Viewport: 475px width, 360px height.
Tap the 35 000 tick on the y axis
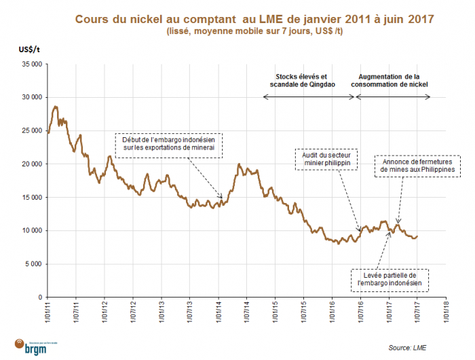click(x=31, y=64)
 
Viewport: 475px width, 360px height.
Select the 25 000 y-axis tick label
click(x=31, y=130)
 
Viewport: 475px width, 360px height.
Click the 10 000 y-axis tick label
click(x=31, y=230)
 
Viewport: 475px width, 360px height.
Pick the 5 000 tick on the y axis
click(x=33, y=264)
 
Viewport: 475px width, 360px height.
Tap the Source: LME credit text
click(x=410, y=347)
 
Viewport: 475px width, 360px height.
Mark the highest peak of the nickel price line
click(x=56, y=107)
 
